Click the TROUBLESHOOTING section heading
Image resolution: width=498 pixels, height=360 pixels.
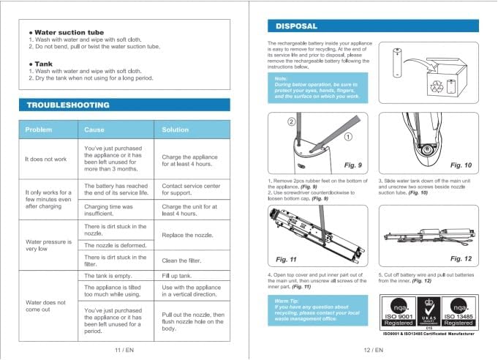(68, 105)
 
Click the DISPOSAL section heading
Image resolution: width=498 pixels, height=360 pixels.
(296, 26)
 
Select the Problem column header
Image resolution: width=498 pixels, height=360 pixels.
(39, 130)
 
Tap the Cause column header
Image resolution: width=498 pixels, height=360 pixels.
(94, 130)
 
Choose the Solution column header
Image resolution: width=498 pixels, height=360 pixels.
(176, 130)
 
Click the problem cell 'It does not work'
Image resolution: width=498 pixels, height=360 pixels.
(45, 159)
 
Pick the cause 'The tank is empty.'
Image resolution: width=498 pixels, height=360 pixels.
(107, 275)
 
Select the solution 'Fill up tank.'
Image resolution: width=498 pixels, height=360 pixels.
(176, 275)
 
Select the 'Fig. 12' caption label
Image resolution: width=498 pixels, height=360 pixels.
(460, 258)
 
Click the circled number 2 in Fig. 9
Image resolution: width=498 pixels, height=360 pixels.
(290, 121)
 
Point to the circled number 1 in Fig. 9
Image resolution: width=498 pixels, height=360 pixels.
(349, 136)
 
